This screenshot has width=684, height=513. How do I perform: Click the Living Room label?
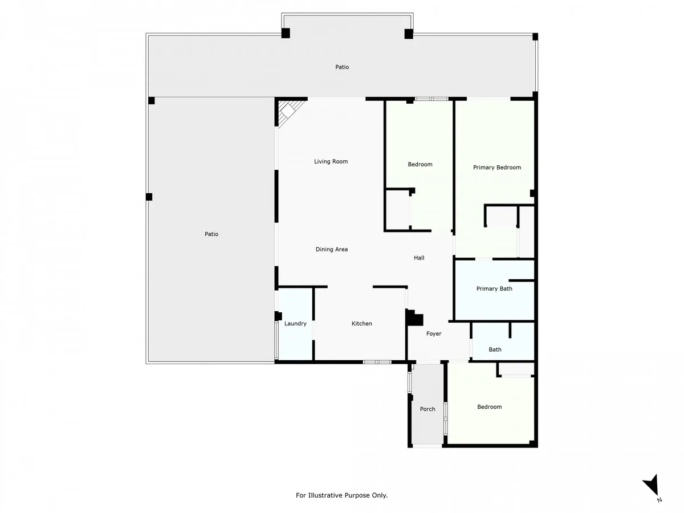coord(331,161)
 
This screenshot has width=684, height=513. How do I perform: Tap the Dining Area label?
coord(332,249)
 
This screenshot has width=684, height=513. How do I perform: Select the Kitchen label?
coord(361,323)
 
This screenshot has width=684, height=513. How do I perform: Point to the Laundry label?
coord(295,324)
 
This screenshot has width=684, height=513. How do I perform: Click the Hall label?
coord(419,258)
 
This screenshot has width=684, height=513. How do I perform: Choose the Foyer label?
coord(433,333)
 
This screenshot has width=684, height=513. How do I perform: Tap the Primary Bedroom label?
coord(496,167)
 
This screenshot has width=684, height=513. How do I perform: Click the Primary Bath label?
coord(494,288)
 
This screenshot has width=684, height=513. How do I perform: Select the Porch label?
coord(427,409)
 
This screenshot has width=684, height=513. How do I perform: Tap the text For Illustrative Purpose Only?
coord(341,495)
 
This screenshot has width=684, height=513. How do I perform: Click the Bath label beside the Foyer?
coord(495,349)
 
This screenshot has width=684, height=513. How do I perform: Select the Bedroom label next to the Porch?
coord(489,407)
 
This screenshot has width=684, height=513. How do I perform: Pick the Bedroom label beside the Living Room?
coord(420,164)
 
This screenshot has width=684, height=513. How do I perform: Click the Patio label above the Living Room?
coord(342,67)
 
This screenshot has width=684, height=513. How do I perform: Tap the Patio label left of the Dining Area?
coord(211,234)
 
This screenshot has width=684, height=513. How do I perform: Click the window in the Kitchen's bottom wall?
coord(377,362)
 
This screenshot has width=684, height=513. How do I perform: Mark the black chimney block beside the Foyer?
coord(414,317)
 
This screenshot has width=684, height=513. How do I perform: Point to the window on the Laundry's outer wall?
coord(276,340)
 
